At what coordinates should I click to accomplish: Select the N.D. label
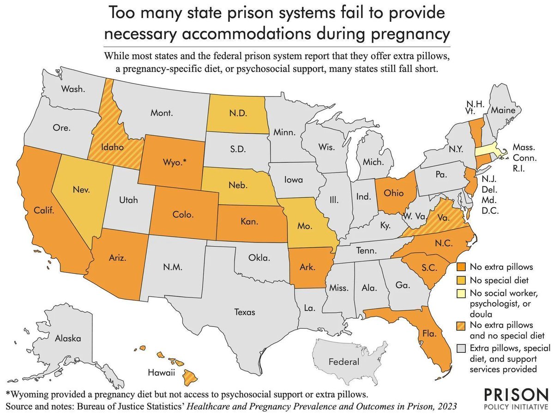point(235,112)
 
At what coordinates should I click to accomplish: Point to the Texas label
point(245,312)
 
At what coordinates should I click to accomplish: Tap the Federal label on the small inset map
point(344,362)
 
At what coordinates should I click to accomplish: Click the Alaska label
point(68,338)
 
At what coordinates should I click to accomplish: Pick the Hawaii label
point(161,373)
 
